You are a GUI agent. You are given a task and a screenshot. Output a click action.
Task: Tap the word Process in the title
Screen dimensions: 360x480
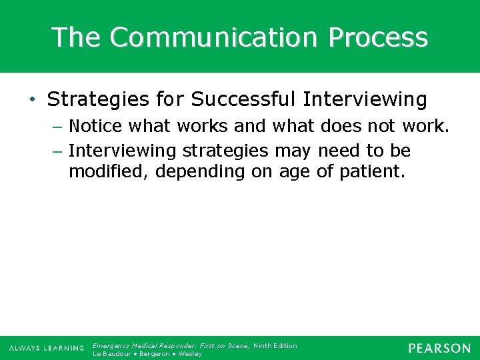click(x=377, y=37)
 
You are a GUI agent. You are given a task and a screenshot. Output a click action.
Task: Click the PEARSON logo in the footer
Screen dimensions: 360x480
click(x=439, y=348)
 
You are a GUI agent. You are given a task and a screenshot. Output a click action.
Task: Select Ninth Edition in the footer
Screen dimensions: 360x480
click(x=275, y=345)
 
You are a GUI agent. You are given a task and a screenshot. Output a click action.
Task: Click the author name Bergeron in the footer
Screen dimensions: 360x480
click(x=155, y=354)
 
